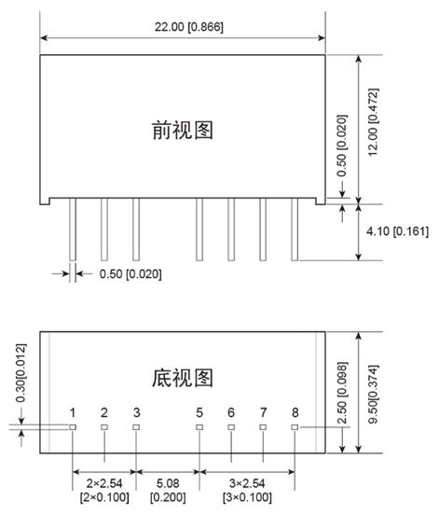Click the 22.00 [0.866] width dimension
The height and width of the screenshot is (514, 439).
pyautogui.click(x=189, y=27)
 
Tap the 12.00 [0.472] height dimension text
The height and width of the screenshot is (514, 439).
pyautogui.click(x=374, y=122)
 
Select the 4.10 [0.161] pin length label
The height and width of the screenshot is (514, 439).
pyautogui.click(x=397, y=231)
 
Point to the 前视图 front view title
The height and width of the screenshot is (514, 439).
pyautogui.click(x=183, y=131)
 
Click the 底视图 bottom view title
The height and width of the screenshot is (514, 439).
pyautogui.click(x=183, y=378)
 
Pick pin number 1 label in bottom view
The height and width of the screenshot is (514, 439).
pyautogui.click(x=73, y=412)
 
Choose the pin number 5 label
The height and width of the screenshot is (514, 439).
pyautogui.click(x=199, y=412)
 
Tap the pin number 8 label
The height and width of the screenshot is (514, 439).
pyautogui.click(x=295, y=412)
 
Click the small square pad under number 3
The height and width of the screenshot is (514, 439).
pyautogui.click(x=136, y=427)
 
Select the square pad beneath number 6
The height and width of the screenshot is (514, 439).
pyautogui.click(x=231, y=427)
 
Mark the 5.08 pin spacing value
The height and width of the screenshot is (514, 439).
pyautogui.click(x=168, y=483)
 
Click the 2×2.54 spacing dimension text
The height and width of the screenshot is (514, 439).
pyautogui.click(x=104, y=483)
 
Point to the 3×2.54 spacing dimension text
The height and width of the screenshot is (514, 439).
pyautogui.click(x=247, y=483)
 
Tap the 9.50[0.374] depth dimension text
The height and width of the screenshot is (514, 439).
pyautogui.click(x=374, y=395)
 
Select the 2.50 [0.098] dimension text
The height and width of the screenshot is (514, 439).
pyautogui.click(x=342, y=393)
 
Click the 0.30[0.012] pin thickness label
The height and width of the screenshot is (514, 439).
pyautogui.click(x=21, y=373)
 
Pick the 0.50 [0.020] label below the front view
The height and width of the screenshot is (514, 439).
pyautogui.click(x=130, y=274)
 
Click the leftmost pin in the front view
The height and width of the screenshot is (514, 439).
pyautogui.click(x=73, y=229)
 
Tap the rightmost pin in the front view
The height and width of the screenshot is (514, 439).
pyautogui.click(x=295, y=229)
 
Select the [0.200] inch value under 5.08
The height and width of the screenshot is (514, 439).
pyautogui.click(x=168, y=497)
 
